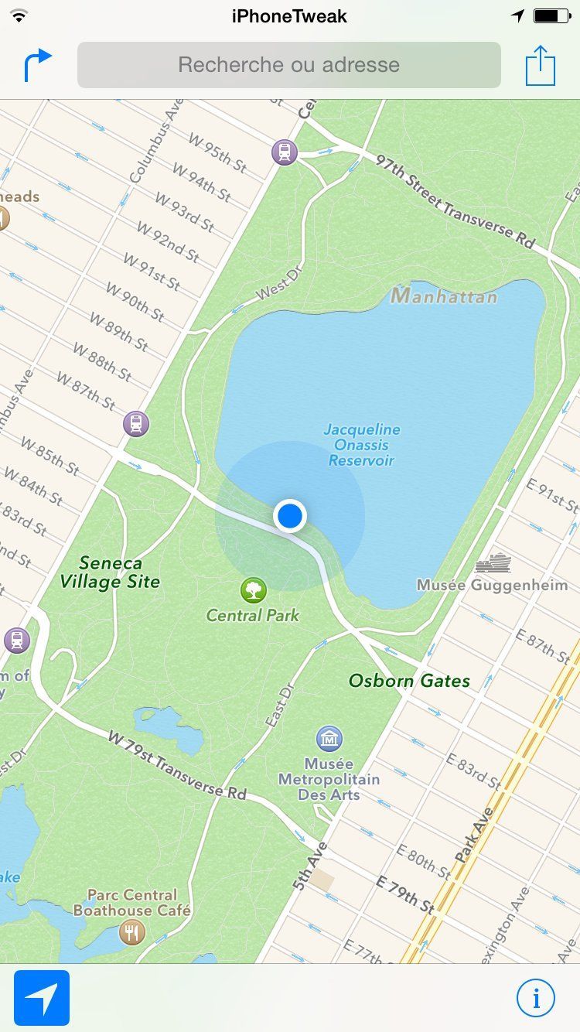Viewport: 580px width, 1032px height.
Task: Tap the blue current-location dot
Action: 290,515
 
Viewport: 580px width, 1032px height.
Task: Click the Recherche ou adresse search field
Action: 289,65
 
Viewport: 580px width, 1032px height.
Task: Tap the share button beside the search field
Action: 541,66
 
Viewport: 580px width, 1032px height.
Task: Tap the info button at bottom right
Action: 535,997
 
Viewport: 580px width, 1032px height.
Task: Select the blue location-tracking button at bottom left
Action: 42,998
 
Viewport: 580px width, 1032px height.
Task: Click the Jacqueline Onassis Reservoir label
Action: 362,445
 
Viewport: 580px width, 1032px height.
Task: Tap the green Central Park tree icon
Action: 253,591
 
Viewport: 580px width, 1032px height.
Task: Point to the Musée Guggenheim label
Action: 492,585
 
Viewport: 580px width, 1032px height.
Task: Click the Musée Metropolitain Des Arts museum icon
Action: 329,738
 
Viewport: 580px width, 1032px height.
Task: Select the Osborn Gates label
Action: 409,681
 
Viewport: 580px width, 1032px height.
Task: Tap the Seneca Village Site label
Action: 111,572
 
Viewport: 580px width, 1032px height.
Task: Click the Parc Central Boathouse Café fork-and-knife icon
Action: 132,932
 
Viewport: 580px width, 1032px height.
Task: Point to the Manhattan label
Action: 444,296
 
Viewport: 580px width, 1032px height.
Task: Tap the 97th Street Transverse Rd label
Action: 456,201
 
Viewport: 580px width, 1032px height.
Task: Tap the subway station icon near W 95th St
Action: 285,152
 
